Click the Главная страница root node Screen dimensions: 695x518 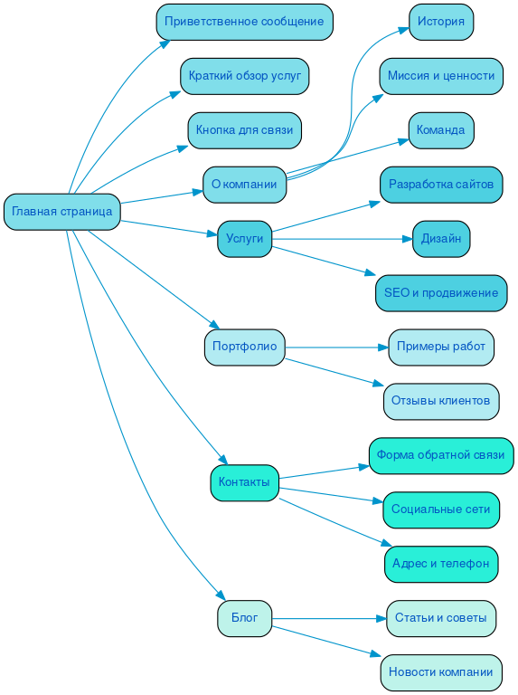click(x=61, y=212)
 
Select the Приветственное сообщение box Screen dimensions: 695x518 click(x=244, y=22)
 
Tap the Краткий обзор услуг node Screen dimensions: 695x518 click(x=244, y=76)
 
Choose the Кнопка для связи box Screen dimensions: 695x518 click(x=244, y=130)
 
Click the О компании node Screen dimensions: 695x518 click(x=244, y=185)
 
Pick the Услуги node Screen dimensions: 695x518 click(x=244, y=239)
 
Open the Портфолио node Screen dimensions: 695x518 click(x=244, y=347)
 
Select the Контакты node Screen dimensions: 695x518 click(x=244, y=482)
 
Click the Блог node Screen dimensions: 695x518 click(x=244, y=619)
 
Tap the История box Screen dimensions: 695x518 click(x=441, y=22)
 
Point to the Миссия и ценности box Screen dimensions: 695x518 click(x=441, y=76)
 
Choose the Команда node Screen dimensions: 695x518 click(x=441, y=130)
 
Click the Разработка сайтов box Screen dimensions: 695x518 click(x=441, y=185)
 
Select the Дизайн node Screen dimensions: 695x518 click(x=441, y=239)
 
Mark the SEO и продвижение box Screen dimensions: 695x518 click(x=441, y=293)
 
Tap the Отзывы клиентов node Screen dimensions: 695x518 click(x=441, y=401)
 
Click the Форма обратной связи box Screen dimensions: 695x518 click(x=441, y=455)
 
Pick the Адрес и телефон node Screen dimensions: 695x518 click(x=441, y=564)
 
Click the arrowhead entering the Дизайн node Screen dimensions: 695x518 click(x=407, y=239)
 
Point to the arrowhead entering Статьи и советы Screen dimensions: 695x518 click(x=381, y=619)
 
